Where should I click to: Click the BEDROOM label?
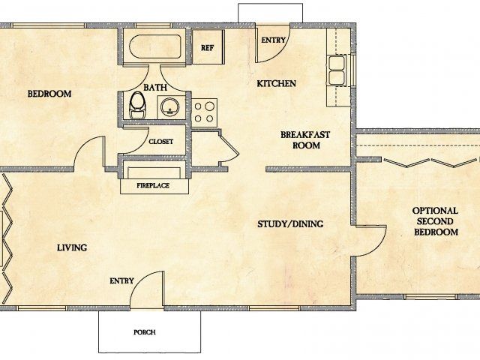(x=49, y=94)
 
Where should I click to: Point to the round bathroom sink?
(x=170, y=106)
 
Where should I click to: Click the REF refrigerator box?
(x=208, y=47)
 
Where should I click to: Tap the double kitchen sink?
(x=337, y=73)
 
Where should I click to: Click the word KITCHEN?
(x=277, y=83)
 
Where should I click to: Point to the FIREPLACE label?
(x=151, y=184)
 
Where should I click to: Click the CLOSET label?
(x=161, y=141)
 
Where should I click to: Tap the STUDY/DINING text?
(x=289, y=223)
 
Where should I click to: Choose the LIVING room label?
(x=72, y=247)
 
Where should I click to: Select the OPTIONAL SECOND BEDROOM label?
(x=436, y=222)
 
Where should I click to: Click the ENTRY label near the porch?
(x=121, y=281)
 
